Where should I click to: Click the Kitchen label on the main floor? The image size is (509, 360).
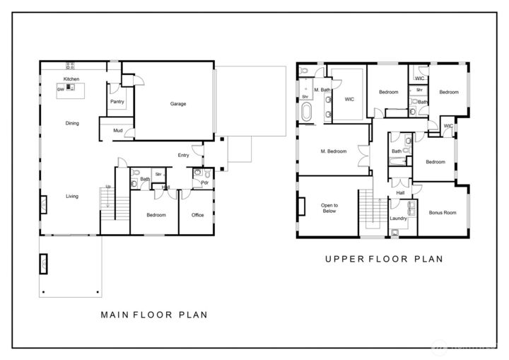(x=71, y=79)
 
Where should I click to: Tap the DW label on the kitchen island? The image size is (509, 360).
(x=62, y=89)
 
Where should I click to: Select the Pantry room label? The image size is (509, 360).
(x=117, y=102)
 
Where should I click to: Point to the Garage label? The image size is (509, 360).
(x=177, y=104)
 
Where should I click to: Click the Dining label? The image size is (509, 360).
(x=72, y=123)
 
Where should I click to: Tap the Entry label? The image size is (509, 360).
(x=183, y=155)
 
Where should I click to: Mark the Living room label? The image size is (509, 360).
(x=72, y=196)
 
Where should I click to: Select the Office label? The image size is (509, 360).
(x=198, y=215)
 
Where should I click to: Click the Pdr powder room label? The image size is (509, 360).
(x=204, y=182)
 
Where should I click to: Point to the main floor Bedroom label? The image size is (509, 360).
(x=156, y=215)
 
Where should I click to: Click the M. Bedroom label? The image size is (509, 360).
(x=333, y=151)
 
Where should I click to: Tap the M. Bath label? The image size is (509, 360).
(x=322, y=90)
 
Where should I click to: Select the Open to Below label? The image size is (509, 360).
(x=330, y=207)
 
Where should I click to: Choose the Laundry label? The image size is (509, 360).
(x=399, y=219)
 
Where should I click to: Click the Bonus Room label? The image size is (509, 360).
(x=443, y=212)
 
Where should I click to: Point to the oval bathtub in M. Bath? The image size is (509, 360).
(x=307, y=112)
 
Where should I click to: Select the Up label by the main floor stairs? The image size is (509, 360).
(x=108, y=187)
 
